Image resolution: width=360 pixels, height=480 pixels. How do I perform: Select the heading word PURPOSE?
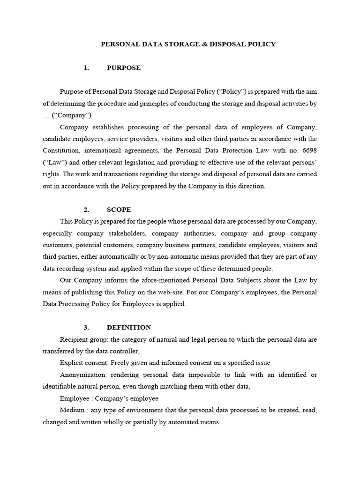point(124,68)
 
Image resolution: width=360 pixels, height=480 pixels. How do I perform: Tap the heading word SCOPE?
point(119,210)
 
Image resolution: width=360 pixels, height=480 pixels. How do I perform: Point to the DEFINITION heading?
point(129,328)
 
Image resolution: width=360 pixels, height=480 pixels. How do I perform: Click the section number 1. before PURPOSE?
point(86,68)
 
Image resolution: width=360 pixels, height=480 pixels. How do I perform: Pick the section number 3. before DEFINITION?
point(86,328)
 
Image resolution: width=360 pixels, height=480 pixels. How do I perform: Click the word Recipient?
point(74,339)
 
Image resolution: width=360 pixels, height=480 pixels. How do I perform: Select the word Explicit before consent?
point(72,363)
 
